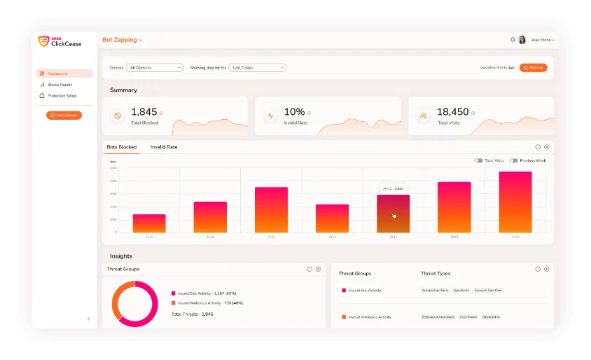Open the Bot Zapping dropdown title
tap(122, 40)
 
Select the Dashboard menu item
tap(64, 74)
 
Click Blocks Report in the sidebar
tap(60, 85)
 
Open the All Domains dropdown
tap(155, 67)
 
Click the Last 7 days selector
tap(258, 67)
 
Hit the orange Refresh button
tap(533, 67)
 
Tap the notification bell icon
tap(512, 40)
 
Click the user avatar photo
tap(522, 40)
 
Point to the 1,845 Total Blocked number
tap(144, 112)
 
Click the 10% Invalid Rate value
tap(294, 112)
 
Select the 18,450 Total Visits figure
tap(452, 112)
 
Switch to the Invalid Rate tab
tap(164, 147)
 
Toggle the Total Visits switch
tap(478, 160)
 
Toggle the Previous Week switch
tap(514, 160)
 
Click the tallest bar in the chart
tap(515, 202)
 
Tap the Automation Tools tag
tap(435, 290)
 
